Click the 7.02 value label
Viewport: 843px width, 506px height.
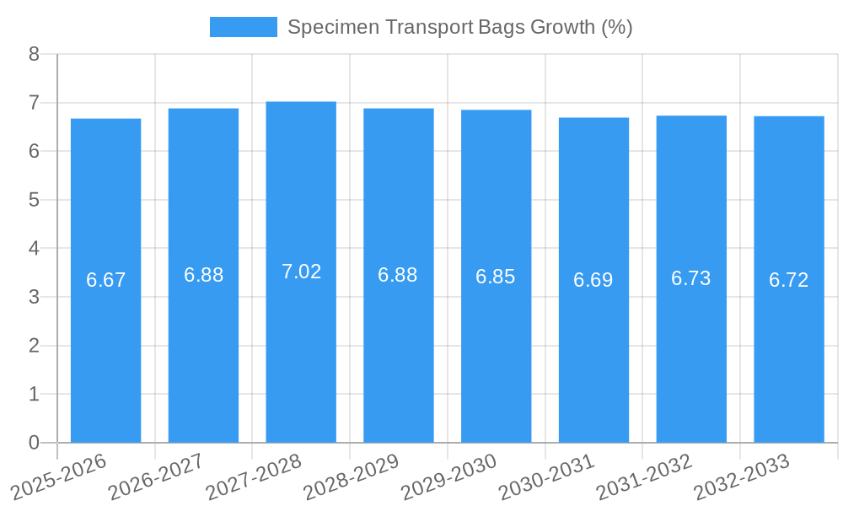pos(301,272)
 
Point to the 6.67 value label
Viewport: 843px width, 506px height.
pos(105,280)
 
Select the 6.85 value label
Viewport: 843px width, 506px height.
pos(496,277)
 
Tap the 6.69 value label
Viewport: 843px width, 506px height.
pos(593,280)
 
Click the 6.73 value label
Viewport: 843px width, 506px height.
pos(691,278)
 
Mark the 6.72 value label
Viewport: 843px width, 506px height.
pos(789,280)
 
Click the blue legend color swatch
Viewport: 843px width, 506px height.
pos(243,27)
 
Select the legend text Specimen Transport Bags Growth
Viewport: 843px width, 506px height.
pos(459,27)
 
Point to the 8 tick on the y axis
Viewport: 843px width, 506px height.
pos(34,54)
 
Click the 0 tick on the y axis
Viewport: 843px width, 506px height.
pos(34,443)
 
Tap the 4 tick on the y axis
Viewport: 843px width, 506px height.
pos(34,249)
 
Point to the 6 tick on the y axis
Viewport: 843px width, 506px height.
pos(34,152)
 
